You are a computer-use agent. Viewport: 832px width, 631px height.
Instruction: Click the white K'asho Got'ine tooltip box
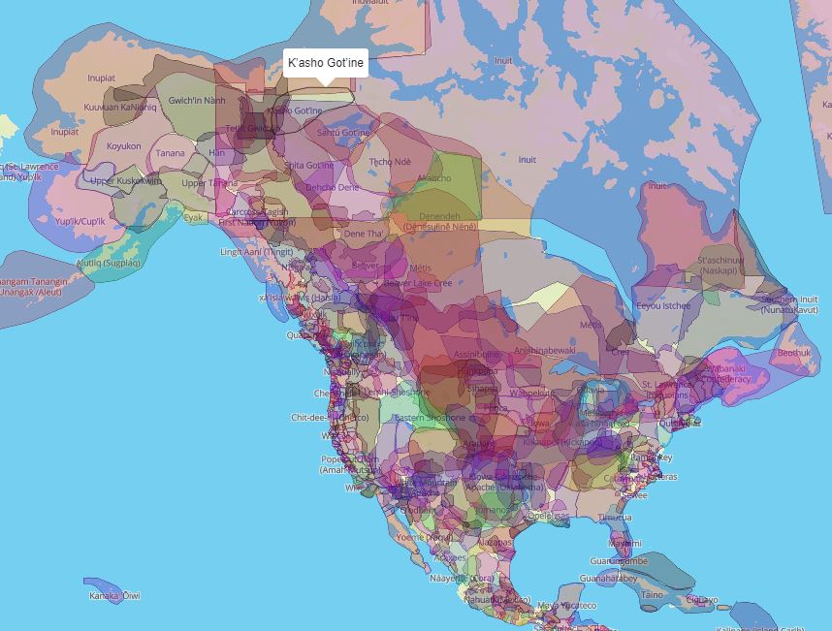click(x=326, y=63)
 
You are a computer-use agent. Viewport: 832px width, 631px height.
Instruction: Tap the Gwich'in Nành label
click(x=197, y=101)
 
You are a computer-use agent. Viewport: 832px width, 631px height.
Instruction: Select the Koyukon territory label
click(x=124, y=146)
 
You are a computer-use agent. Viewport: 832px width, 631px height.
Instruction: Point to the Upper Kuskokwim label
click(x=125, y=180)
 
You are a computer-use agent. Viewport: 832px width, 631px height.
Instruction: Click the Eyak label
click(x=194, y=218)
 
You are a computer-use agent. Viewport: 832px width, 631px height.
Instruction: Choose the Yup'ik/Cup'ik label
click(x=79, y=221)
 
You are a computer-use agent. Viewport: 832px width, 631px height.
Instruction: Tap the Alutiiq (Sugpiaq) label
click(x=109, y=263)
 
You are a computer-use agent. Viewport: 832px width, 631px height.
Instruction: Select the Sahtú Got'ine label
click(x=343, y=132)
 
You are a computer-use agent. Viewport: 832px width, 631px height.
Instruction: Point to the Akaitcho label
click(x=434, y=178)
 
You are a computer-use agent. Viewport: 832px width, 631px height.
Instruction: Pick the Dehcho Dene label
click(x=332, y=187)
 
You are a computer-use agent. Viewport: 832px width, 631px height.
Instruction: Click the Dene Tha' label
click(x=363, y=234)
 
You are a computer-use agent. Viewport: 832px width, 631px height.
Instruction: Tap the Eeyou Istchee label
click(x=663, y=306)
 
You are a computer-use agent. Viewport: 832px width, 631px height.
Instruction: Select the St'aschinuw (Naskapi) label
click(x=720, y=266)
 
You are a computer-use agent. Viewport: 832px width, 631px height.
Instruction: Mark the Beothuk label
click(x=793, y=353)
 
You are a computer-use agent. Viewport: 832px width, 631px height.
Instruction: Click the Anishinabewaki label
click(x=545, y=350)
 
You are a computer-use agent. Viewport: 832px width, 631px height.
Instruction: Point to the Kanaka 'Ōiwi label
click(x=114, y=595)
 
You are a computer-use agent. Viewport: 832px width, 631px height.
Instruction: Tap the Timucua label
click(x=614, y=518)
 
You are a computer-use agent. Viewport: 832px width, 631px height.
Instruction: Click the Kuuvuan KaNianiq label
click(x=120, y=107)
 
